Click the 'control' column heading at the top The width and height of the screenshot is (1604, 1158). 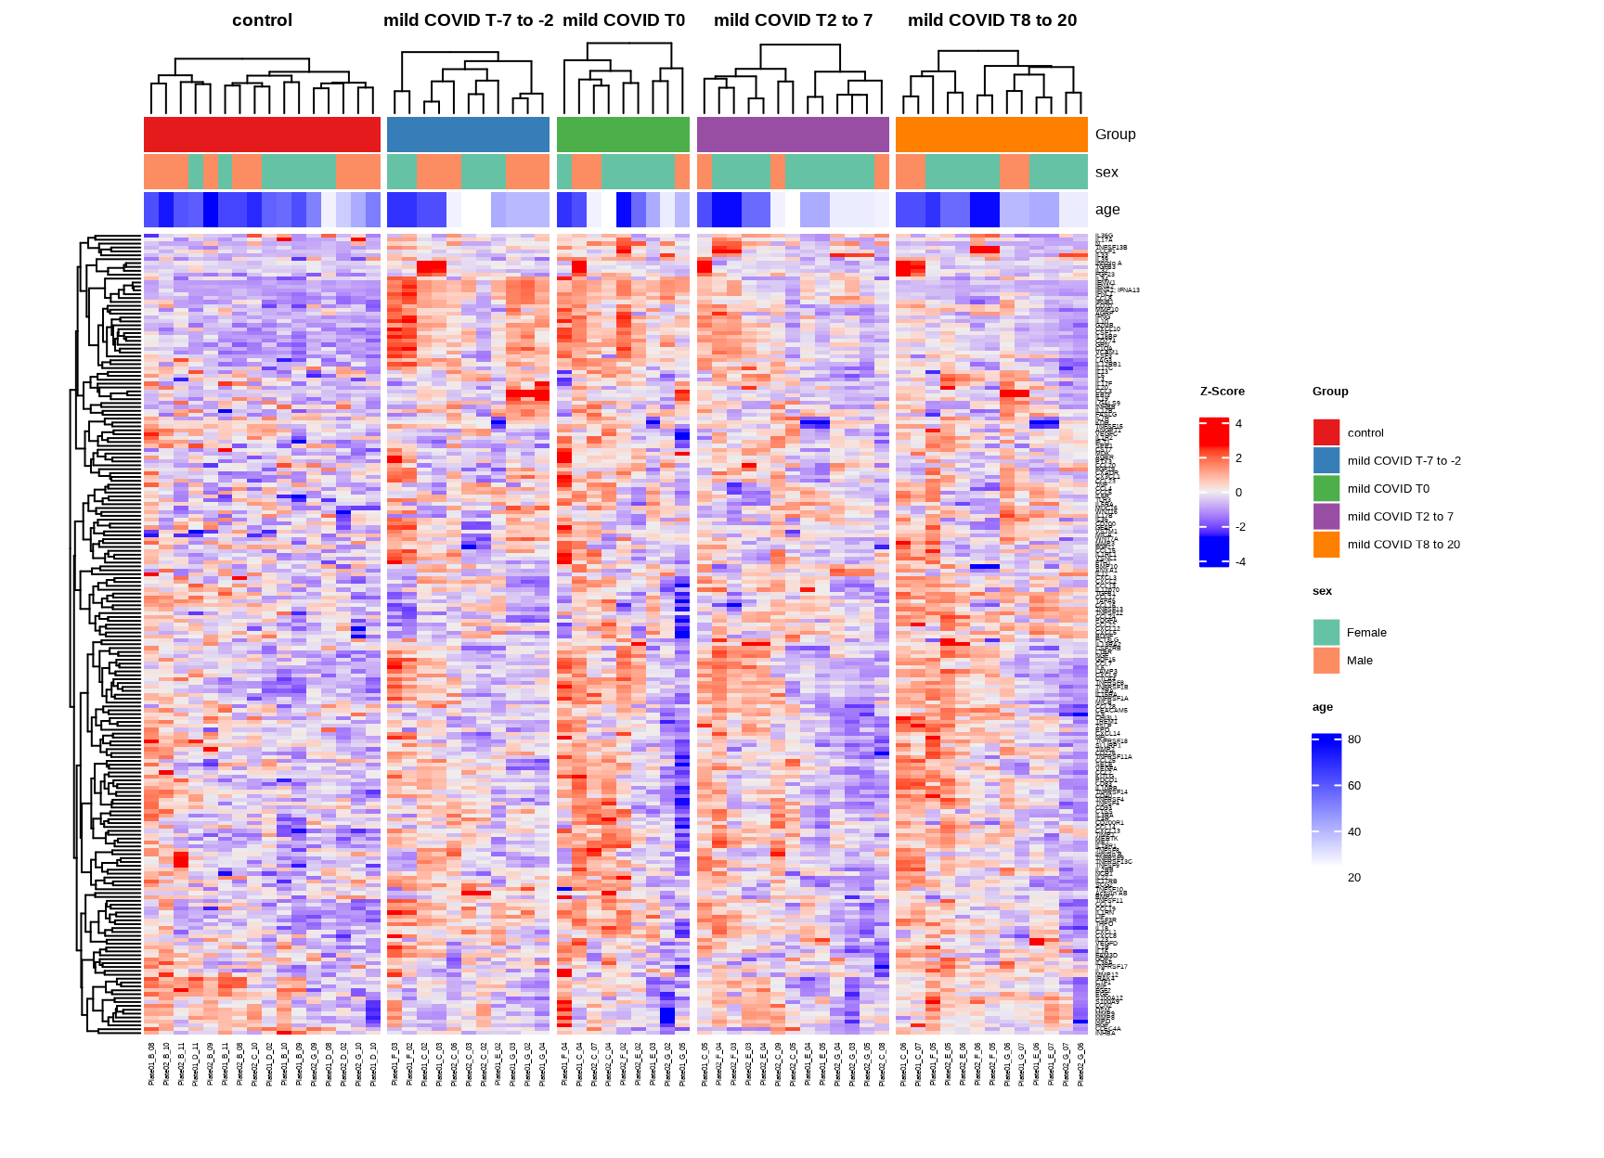point(262,20)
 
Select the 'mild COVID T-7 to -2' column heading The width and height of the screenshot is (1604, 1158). point(468,20)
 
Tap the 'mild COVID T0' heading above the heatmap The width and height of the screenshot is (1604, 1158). point(624,20)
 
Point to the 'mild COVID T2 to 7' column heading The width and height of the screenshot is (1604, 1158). point(793,20)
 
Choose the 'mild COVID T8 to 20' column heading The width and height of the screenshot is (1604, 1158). point(992,20)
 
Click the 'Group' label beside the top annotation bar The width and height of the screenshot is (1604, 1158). point(1115,135)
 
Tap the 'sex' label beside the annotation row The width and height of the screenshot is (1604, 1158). point(1106,173)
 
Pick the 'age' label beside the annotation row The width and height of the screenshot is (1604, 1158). point(1107,210)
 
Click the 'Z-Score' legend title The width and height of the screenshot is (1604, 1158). point(1222,392)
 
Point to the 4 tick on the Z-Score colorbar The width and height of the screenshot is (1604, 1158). point(1238,424)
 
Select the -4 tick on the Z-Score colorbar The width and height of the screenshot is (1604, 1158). point(1240,561)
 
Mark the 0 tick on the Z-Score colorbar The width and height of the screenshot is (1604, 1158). point(1238,493)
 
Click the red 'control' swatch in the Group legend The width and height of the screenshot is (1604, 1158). point(1326,432)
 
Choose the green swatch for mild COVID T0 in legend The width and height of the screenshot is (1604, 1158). point(1326,488)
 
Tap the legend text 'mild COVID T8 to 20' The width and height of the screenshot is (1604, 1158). point(1403,545)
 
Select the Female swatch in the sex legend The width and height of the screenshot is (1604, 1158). point(1326,633)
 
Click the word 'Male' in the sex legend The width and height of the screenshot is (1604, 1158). point(1359,661)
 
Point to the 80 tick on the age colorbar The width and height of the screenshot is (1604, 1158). point(1354,740)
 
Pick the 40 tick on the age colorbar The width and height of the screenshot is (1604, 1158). point(1354,831)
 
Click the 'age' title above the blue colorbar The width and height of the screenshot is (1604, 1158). point(1322,707)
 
